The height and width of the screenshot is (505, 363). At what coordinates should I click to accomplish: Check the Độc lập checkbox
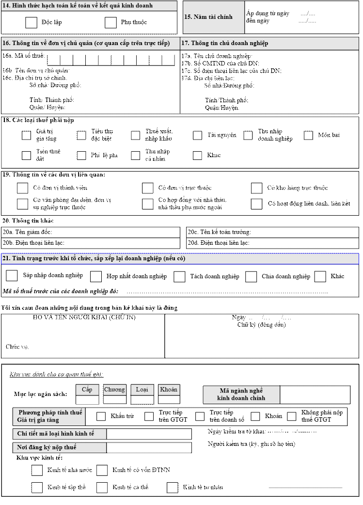[x=32, y=22]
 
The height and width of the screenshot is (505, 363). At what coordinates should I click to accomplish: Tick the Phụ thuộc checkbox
[x=110, y=22]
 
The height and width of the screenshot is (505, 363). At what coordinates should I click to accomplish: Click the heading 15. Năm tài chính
[x=208, y=17]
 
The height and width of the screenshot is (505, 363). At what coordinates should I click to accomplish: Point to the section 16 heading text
[x=86, y=43]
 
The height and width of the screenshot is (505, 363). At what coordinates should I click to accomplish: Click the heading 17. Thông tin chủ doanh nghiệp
[x=224, y=43]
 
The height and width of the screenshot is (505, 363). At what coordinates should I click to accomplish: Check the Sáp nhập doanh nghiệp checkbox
[x=12, y=276]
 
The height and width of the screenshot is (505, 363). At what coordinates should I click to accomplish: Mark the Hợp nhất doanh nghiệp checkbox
[x=96, y=276]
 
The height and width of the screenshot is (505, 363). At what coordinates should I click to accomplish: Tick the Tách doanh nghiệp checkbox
[x=179, y=276]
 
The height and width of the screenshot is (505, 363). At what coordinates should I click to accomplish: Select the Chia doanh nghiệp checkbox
[x=251, y=276]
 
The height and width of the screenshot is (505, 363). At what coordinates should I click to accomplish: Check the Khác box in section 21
[x=320, y=276]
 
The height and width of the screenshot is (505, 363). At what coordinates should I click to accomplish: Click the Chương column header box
[x=115, y=390]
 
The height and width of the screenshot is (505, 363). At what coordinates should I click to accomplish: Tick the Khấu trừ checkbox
[x=101, y=416]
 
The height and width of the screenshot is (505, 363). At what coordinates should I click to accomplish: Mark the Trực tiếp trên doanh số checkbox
[x=200, y=416]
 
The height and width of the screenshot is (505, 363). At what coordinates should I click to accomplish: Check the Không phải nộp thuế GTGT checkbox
[x=291, y=416]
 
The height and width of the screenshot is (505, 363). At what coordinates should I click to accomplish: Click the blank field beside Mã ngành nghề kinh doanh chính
[x=315, y=395]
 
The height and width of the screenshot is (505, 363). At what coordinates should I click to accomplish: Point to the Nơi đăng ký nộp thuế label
[x=47, y=447]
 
